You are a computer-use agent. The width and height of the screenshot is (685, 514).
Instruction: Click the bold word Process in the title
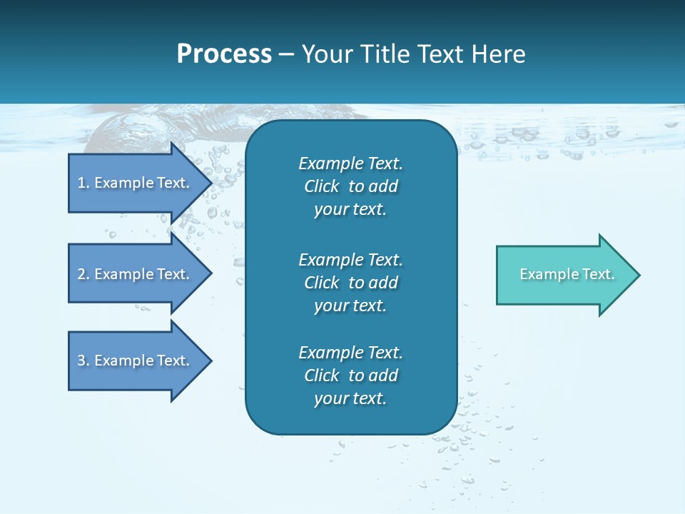click(x=224, y=54)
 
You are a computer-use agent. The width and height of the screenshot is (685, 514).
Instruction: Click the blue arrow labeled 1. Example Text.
click(x=133, y=183)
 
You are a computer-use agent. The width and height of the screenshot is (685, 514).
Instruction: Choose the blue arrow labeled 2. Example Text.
click(x=133, y=274)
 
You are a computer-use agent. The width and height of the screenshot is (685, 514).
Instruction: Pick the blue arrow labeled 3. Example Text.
click(x=133, y=361)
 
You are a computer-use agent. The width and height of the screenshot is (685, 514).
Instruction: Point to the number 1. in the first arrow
click(x=83, y=183)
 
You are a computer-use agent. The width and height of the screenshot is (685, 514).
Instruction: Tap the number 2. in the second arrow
click(x=83, y=274)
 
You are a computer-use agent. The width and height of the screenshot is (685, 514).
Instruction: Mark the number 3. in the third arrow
click(x=83, y=361)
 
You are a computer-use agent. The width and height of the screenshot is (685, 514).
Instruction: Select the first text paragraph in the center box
click(x=350, y=186)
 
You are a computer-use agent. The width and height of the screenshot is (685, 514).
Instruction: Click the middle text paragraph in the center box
click(x=350, y=282)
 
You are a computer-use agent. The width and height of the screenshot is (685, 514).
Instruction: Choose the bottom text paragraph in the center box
click(x=350, y=376)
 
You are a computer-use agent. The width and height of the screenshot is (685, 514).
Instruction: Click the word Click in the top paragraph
click(x=321, y=186)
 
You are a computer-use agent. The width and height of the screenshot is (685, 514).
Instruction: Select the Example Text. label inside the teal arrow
click(x=567, y=274)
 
